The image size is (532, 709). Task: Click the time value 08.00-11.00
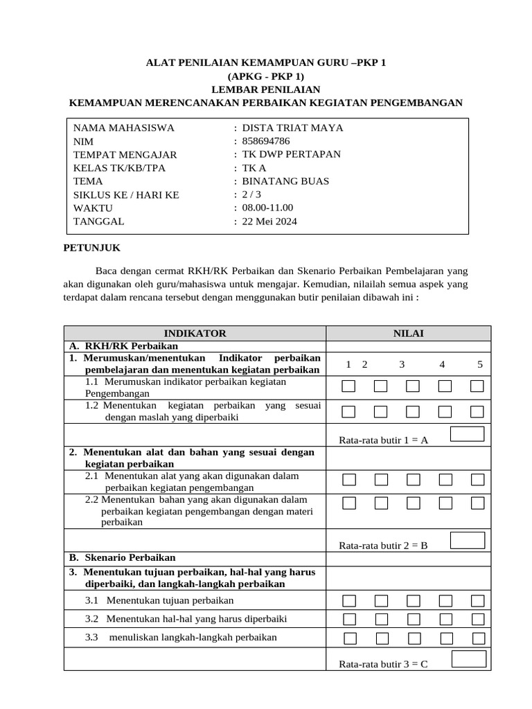pos(267,208)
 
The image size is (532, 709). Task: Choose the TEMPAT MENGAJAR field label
pos(125,155)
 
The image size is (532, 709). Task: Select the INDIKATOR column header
pos(195,334)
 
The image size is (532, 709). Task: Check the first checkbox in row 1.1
pos(349,386)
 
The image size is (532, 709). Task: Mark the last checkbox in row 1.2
pos(477,412)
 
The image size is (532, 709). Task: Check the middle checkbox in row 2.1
pos(413,480)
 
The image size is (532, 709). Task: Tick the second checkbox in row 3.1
pos(381,600)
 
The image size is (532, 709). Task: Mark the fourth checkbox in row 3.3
pos(445,638)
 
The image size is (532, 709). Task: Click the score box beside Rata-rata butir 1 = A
pos(468,434)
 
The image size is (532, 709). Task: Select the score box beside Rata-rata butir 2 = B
pos(468,540)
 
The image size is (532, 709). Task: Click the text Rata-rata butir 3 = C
pos(383,664)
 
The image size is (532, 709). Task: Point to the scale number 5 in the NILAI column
pos(480,365)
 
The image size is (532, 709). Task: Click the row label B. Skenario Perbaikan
pos(122,557)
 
